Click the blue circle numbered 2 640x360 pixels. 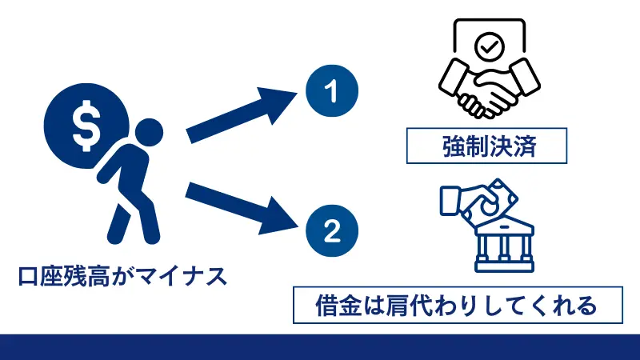pyautogui.click(x=329, y=230)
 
